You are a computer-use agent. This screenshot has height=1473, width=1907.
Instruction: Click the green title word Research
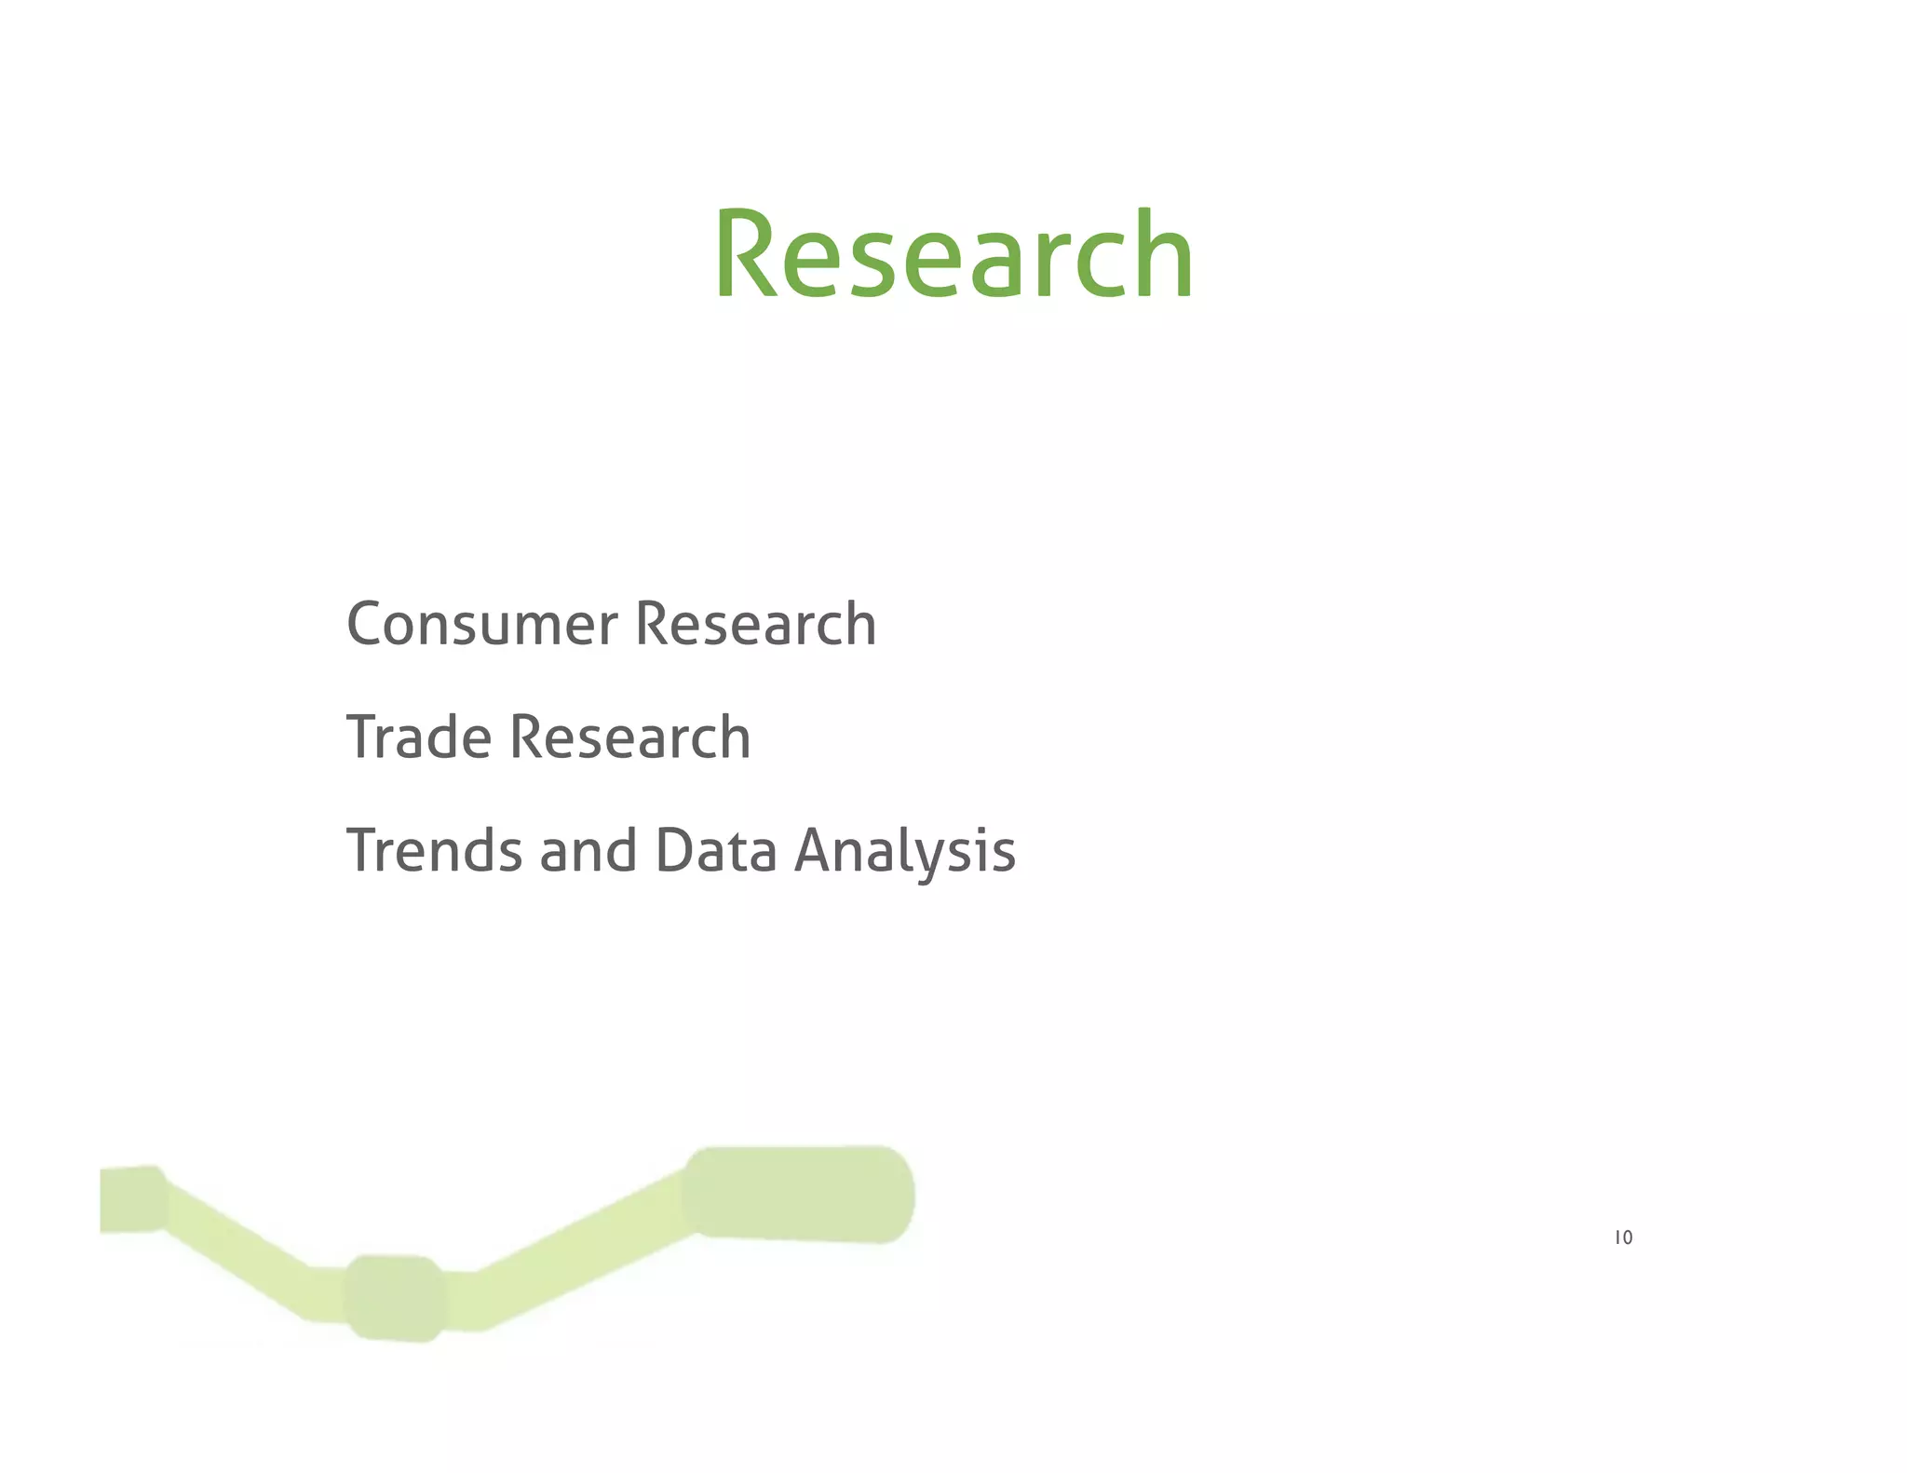pyautogui.click(x=953, y=253)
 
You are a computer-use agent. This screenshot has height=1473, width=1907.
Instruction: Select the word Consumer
pyautogui.click(x=481, y=624)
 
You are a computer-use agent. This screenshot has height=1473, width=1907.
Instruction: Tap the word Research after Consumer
pyautogui.click(x=755, y=624)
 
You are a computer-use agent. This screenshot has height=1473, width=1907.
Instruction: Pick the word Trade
pyautogui.click(x=419, y=737)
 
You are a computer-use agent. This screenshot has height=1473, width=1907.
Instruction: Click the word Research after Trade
pyautogui.click(x=630, y=737)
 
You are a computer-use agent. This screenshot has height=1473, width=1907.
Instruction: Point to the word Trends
pyautogui.click(x=434, y=851)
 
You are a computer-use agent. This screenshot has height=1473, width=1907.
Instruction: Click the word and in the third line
pyautogui.click(x=588, y=851)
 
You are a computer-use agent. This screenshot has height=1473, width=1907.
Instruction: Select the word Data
pyautogui.click(x=716, y=851)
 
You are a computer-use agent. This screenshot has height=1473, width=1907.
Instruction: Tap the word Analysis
pyautogui.click(x=904, y=851)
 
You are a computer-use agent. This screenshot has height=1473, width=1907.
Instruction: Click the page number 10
pyautogui.click(x=1623, y=1237)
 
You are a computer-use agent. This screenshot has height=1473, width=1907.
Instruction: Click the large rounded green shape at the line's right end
pyautogui.click(x=799, y=1195)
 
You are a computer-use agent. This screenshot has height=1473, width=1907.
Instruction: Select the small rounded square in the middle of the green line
pyautogui.click(x=395, y=1298)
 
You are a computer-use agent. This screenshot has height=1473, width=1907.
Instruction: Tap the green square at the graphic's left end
pyautogui.click(x=132, y=1199)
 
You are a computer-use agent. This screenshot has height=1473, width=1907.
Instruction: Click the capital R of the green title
pyautogui.click(x=745, y=253)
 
